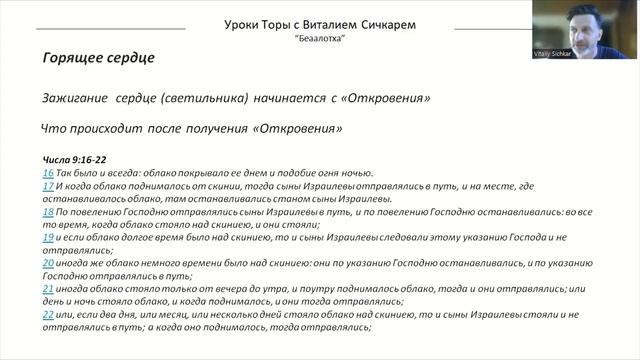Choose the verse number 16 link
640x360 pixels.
[x=48, y=173]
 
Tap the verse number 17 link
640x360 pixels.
[x=48, y=186]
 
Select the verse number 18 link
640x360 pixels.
[x=48, y=213]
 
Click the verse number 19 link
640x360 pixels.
[x=48, y=238]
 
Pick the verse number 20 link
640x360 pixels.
[x=48, y=262]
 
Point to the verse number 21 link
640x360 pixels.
[x=48, y=288]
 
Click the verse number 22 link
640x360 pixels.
[x=48, y=314]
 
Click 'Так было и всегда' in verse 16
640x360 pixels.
[x=93, y=173]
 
